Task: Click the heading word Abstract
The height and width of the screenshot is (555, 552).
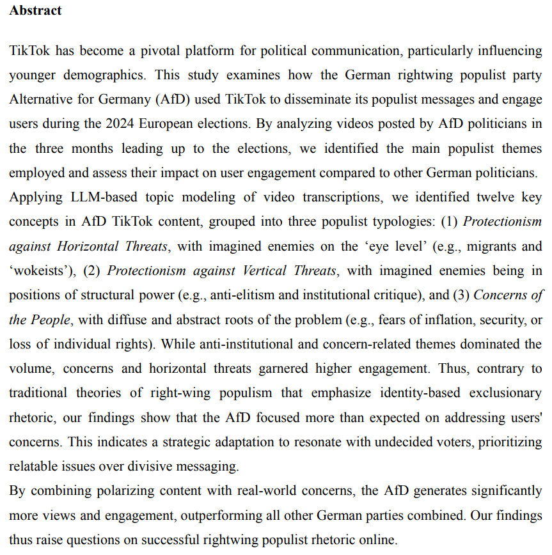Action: coord(35,11)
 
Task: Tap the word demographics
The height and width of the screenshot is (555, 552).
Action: coord(103,75)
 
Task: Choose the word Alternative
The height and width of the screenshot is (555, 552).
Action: coord(39,100)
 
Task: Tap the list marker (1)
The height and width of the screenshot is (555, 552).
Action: coord(448,222)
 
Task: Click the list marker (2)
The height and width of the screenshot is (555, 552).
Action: coord(93,270)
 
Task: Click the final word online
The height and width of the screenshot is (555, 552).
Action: coord(379,540)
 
